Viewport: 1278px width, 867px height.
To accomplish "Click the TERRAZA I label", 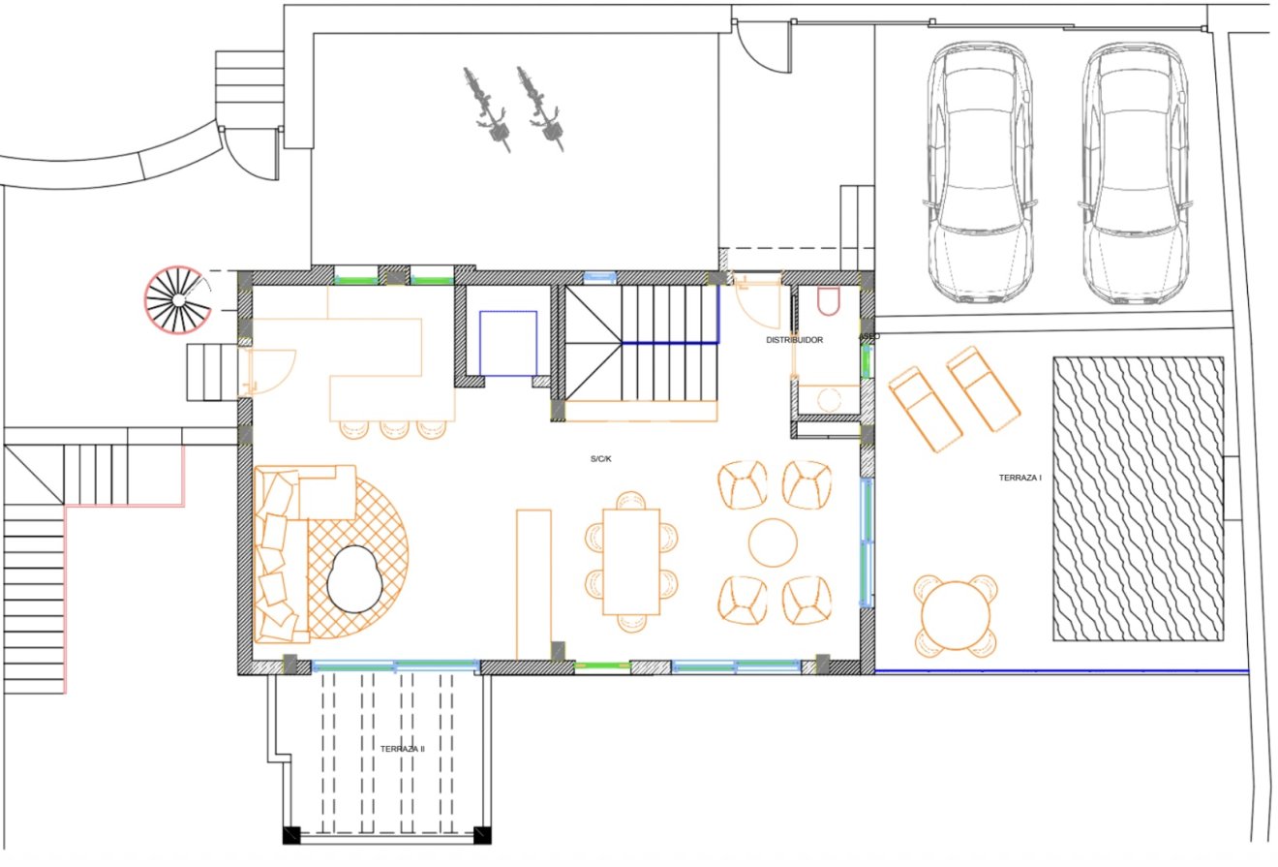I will pos(1019,478).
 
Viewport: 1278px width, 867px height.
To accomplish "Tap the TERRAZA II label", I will pos(403,749).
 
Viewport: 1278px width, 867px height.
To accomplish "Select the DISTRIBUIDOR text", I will pos(794,340).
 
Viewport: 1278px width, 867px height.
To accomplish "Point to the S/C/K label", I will pos(600,458).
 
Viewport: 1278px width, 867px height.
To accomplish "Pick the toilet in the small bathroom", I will pos(829,301).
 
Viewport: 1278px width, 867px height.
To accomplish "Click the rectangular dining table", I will pos(631,561).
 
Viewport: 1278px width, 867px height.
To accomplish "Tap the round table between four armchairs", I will pos(774,542).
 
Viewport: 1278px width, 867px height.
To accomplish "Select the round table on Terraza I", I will pos(956,615).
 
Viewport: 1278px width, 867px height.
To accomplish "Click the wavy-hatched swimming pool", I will pos(1138,499).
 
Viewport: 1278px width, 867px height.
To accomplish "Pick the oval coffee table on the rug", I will pos(355,578).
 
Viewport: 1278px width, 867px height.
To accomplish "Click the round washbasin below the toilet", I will pos(829,398).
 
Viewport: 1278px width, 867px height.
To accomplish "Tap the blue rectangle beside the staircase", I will pos(508,343).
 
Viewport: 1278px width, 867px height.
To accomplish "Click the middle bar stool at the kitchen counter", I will pos(394,428).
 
